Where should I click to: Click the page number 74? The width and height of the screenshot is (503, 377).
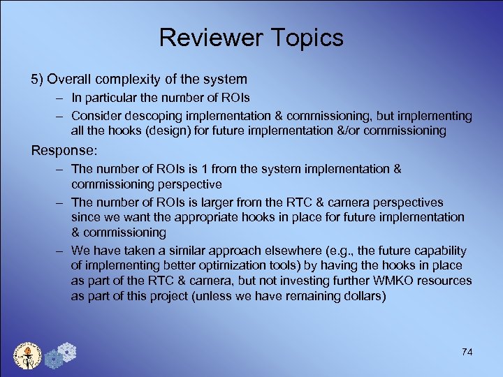467,352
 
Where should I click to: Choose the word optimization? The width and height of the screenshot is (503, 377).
227,265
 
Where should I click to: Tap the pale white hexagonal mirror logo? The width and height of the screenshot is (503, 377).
67,350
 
